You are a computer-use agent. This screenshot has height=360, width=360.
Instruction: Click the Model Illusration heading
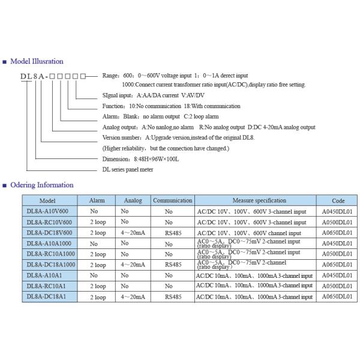click(x=37, y=61)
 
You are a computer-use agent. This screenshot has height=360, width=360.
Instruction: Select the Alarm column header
click(x=97, y=200)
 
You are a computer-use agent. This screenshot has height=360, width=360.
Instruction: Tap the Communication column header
click(x=172, y=200)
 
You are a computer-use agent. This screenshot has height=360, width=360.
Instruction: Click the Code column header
click(x=338, y=200)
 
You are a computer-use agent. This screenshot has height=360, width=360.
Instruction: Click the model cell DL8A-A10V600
click(x=49, y=211)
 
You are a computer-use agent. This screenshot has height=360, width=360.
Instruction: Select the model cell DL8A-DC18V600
click(x=49, y=232)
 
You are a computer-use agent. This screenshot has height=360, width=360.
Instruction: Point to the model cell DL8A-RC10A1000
click(x=51, y=253)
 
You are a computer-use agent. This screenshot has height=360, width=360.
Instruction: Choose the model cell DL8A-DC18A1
click(x=47, y=296)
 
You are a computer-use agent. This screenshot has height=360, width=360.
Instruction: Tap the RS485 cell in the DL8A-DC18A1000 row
click(x=172, y=264)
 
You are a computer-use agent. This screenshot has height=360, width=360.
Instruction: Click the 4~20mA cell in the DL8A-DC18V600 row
click(x=133, y=232)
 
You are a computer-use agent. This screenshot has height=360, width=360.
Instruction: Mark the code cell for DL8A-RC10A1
click(x=337, y=286)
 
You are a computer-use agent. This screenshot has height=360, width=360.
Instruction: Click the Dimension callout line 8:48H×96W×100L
click(x=141, y=159)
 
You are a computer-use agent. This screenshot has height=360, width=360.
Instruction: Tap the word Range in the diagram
click(x=111, y=76)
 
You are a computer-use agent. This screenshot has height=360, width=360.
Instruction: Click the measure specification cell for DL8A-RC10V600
click(x=254, y=222)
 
